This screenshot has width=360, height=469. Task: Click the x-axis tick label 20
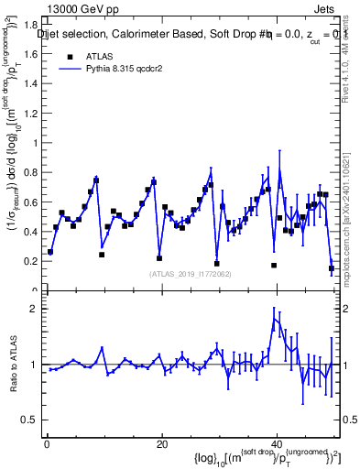pos(161,444)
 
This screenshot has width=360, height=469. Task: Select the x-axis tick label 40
pos(277,444)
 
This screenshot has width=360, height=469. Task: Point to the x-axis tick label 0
pos(46,444)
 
